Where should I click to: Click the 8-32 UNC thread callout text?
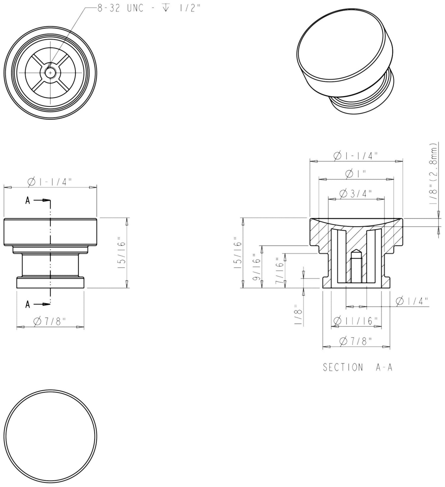tap(149, 8)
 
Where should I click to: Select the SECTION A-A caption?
tap(357, 367)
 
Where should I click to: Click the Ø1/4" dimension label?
tap(412, 301)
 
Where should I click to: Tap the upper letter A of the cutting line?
tap(28, 201)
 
